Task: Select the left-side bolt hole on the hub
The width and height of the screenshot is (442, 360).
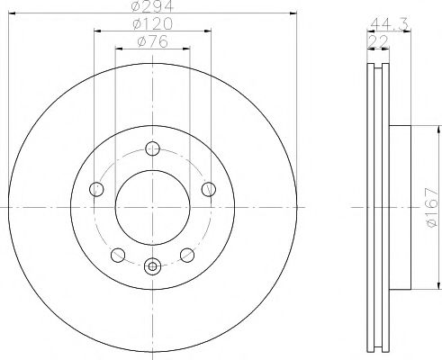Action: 97,188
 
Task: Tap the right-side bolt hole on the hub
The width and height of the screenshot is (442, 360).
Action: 209,188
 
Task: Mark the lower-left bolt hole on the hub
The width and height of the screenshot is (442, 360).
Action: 118,254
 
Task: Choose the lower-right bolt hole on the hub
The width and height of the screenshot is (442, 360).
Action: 187,254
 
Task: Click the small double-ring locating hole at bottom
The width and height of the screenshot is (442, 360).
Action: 152,265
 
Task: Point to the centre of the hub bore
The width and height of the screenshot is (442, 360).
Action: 152,207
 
